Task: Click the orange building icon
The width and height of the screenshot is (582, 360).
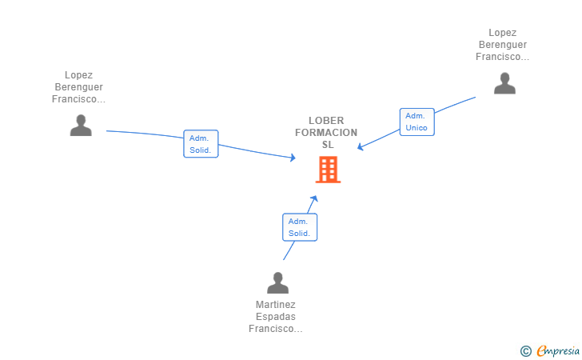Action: coord(328,170)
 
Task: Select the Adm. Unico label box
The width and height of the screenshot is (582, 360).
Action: coord(417,122)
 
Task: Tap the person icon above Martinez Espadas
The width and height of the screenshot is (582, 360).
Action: coord(277,283)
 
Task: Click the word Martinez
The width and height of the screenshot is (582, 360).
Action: coord(276,305)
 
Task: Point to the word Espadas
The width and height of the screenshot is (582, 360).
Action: coord(276,317)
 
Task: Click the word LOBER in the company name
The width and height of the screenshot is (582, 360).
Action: coord(326,120)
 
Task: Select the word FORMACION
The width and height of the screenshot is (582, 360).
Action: coord(326,132)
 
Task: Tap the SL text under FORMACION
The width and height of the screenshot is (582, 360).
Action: coord(327,145)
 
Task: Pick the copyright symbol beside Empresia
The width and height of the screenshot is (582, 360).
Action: coord(525,350)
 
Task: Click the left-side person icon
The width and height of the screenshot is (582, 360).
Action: coord(81,125)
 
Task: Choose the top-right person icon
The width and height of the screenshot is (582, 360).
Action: coord(504,83)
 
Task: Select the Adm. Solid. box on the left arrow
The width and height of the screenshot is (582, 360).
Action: coord(201,144)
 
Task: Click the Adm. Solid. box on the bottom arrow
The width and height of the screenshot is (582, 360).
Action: coord(300,227)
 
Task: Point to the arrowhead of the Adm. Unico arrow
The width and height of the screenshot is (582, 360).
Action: coord(360,148)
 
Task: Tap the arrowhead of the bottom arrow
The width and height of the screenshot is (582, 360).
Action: coord(316,198)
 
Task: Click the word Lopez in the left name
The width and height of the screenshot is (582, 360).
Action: coord(78,75)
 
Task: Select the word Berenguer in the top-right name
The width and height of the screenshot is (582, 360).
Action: coord(502,45)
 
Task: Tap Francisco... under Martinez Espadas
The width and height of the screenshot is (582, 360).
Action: coord(276,329)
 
